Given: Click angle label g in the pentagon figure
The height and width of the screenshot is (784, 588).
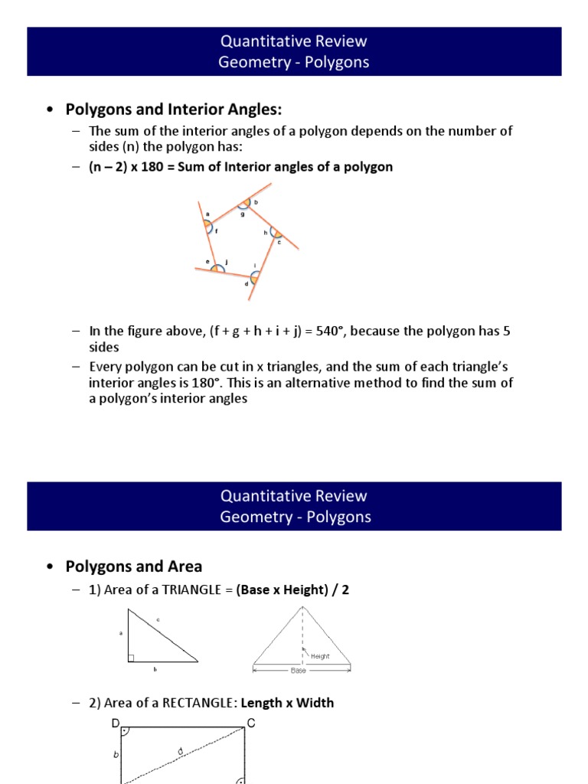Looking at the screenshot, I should click(242, 215).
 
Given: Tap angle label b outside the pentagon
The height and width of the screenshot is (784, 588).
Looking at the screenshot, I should click(256, 202).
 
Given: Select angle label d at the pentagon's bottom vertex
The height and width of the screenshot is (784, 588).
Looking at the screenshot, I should click(247, 284).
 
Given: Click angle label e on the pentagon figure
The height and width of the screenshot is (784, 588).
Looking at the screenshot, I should click(207, 262).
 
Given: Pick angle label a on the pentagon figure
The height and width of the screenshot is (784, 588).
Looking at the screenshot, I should click(207, 214).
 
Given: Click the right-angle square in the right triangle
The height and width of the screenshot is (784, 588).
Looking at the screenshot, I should click(131, 658).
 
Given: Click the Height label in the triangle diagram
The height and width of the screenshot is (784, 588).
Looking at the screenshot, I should click(320, 655).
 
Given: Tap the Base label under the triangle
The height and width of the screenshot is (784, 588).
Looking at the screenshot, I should click(299, 671).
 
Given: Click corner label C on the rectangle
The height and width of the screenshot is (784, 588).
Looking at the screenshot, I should click(251, 723).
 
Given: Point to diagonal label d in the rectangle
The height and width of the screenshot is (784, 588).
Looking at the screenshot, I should click(180, 751).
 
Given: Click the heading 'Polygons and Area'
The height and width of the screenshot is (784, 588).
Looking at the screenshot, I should click(134, 567).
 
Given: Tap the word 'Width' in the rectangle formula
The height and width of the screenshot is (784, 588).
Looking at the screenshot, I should click(315, 703).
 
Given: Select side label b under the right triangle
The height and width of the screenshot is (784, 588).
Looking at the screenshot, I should click(155, 669).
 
